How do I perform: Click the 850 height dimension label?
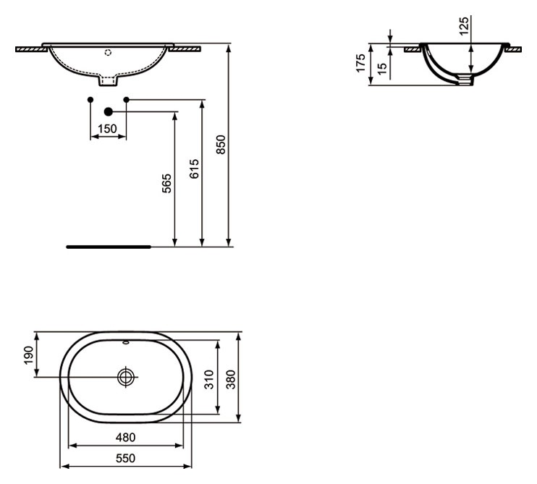click(x=222, y=145)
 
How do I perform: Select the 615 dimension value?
click(x=194, y=169)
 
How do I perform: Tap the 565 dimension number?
click(x=166, y=184)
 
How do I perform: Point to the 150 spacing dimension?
click(x=108, y=129)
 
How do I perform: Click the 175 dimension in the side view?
click(x=360, y=63)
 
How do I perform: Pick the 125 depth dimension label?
click(x=464, y=25)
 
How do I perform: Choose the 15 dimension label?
click(x=382, y=69)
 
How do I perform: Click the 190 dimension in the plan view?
click(x=29, y=355)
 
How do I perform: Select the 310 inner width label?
click(x=209, y=379)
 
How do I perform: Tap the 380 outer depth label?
click(x=231, y=379)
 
